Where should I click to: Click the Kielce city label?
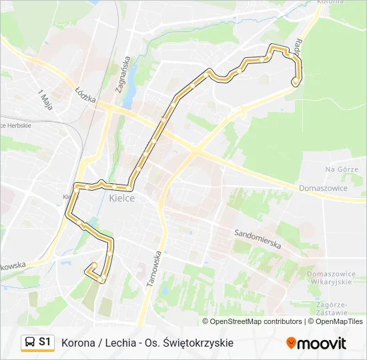pyautogui.click(x=121, y=198)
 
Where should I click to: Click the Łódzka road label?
pyautogui.click(x=86, y=95)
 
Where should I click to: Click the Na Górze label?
pyautogui.click(x=342, y=169)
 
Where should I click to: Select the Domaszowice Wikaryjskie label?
pyautogui.click(x=329, y=278)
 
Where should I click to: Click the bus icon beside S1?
pyautogui.click(x=30, y=343)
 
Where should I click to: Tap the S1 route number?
pyautogui.click(x=45, y=343)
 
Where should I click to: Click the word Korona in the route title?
pyautogui.click(x=77, y=343)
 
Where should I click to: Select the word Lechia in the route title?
pyautogui.click(x=119, y=343)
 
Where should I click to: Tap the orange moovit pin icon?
pyautogui.click(x=291, y=343)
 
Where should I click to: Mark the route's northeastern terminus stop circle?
pyautogui.click(x=295, y=81)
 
